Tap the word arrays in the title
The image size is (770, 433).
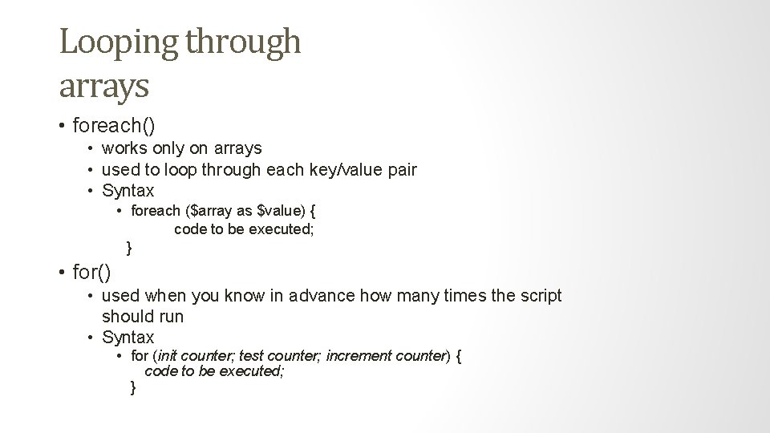(103, 85)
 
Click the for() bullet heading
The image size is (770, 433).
(91, 273)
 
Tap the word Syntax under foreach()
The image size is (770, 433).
(128, 191)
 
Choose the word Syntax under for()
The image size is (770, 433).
(128, 338)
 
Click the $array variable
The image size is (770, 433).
(212, 212)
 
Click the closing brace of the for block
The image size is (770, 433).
(133, 388)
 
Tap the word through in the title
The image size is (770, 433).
(243, 42)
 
